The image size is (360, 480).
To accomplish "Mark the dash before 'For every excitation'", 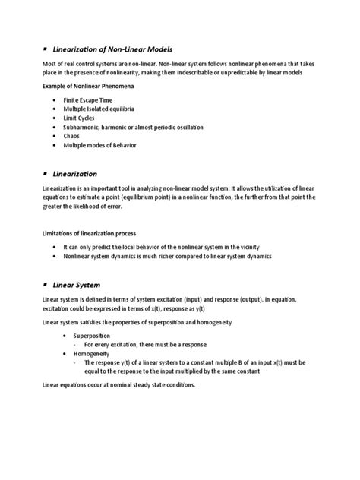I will [x=74, y=344].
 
